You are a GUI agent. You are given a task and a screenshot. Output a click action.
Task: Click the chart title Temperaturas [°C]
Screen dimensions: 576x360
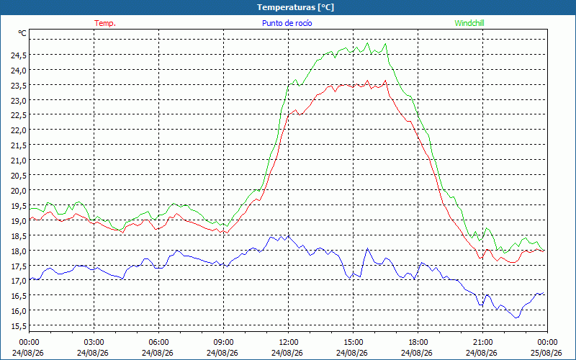click(x=295, y=7)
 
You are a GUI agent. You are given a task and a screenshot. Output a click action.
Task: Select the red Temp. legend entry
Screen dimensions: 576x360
click(x=105, y=23)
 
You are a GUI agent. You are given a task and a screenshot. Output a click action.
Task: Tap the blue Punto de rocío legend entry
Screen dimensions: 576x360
click(x=287, y=23)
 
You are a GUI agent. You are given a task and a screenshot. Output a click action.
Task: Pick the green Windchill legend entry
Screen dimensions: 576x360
click(x=469, y=23)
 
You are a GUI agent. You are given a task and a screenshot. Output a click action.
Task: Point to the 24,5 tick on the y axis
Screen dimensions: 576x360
click(x=19, y=55)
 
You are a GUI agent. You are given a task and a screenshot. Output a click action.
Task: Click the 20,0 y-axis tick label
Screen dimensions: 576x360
click(x=19, y=190)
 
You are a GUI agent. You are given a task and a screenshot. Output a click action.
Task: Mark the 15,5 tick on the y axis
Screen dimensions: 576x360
click(x=19, y=326)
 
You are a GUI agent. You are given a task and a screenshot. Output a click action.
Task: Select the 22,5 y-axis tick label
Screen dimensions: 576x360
click(x=19, y=115)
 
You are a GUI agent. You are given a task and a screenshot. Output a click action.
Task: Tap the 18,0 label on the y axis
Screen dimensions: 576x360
click(x=19, y=251)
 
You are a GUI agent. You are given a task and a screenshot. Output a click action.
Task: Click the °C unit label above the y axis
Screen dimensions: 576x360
click(x=22, y=33)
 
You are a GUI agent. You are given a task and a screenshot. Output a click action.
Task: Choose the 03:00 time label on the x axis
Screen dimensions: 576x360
click(x=94, y=343)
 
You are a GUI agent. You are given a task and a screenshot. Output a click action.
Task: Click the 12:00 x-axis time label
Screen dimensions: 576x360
click(x=289, y=343)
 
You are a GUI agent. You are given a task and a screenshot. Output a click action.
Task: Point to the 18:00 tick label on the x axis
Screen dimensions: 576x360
click(x=418, y=343)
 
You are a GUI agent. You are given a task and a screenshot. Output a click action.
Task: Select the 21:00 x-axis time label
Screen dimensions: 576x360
click(x=482, y=343)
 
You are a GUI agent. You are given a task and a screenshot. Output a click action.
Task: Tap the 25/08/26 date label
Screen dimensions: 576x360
click(x=546, y=353)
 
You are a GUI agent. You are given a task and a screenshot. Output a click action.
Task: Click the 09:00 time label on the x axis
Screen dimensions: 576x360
click(x=224, y=343)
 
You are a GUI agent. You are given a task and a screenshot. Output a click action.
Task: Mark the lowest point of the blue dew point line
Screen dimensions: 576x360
click(x=516, y=318)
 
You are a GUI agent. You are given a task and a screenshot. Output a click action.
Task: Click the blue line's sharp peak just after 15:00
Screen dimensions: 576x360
click(x=367, y=248)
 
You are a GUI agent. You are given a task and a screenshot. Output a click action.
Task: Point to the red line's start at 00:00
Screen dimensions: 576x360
click(x=30, y=218)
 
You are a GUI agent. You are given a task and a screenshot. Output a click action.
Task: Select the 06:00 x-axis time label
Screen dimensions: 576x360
click(x=158, y=343)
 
